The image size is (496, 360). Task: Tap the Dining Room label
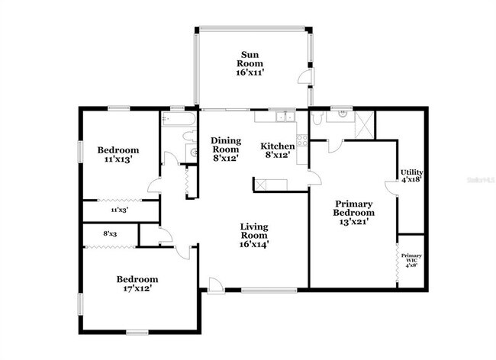tap(226, 149)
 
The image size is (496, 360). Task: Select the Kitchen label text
tap(278, 150)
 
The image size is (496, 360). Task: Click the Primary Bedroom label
tap(353, 213)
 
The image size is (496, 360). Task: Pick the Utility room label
tap(412, 177)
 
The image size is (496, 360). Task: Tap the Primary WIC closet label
tap(411, 260)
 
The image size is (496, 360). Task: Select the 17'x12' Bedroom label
tap(137, 284)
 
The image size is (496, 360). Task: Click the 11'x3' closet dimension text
tap(118, 209)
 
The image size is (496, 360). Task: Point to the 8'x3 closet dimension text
tap(111, 234)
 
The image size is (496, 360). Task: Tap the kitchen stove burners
tap(302, 140)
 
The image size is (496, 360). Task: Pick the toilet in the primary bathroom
tap(317, 118)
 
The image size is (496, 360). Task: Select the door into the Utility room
tap(398, 186)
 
